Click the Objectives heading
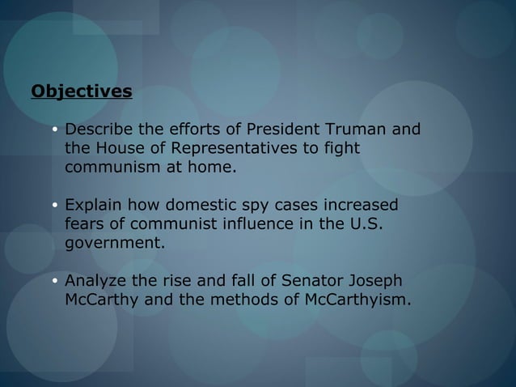click(x=81, y=91)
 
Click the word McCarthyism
click(x=361, y=300)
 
